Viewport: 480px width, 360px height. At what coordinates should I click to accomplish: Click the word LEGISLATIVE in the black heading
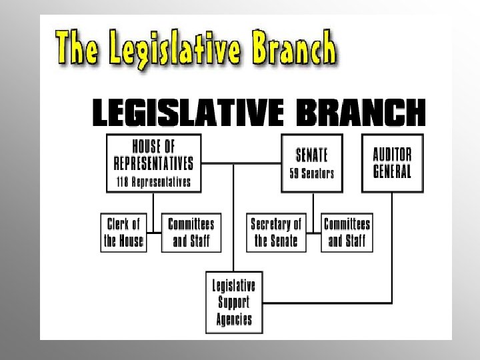(187, 113)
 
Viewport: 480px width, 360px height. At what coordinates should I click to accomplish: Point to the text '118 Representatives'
(153, 181)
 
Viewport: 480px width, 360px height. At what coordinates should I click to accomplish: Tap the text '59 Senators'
(312, 173)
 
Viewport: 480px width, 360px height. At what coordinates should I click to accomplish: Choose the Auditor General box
(392, 163)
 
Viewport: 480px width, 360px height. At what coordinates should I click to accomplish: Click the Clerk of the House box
(124, 232)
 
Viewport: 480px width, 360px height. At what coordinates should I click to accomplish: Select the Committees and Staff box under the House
(191, 232)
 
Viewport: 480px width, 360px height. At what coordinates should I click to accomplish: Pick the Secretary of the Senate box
(276, 232)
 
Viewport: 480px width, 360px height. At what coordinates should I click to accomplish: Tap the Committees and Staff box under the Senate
(347, 232)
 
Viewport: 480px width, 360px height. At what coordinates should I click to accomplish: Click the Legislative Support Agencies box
(233, 301)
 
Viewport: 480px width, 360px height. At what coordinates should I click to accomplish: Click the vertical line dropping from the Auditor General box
(392, 247)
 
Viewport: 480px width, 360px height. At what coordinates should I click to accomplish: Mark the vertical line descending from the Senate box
(312, 203)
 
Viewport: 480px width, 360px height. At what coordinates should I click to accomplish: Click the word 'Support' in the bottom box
(233, 302)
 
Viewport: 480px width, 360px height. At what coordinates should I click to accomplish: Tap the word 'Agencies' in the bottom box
(233, 318)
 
